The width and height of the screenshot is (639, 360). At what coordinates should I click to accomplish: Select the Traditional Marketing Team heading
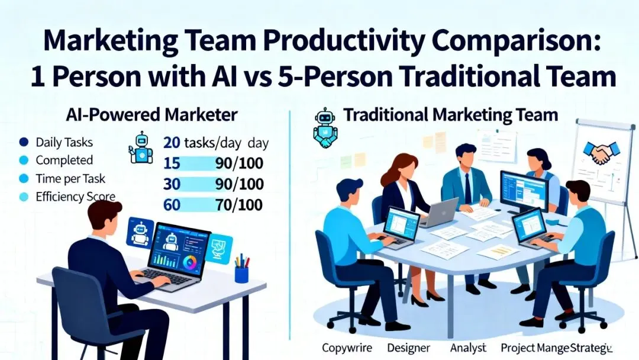pos(451,114)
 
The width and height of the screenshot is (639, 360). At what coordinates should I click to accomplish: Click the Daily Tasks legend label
pos(64,142)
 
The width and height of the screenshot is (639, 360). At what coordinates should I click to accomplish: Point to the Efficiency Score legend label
pos(75,196)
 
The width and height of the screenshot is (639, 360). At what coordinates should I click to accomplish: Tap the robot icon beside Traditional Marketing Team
pos(325,127)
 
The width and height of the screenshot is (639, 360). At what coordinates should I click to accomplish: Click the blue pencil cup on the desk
pos(241,274)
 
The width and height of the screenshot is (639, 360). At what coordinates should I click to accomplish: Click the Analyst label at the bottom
pos(469,347)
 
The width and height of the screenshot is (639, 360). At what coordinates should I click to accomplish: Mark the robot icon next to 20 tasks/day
pos(140,147)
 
